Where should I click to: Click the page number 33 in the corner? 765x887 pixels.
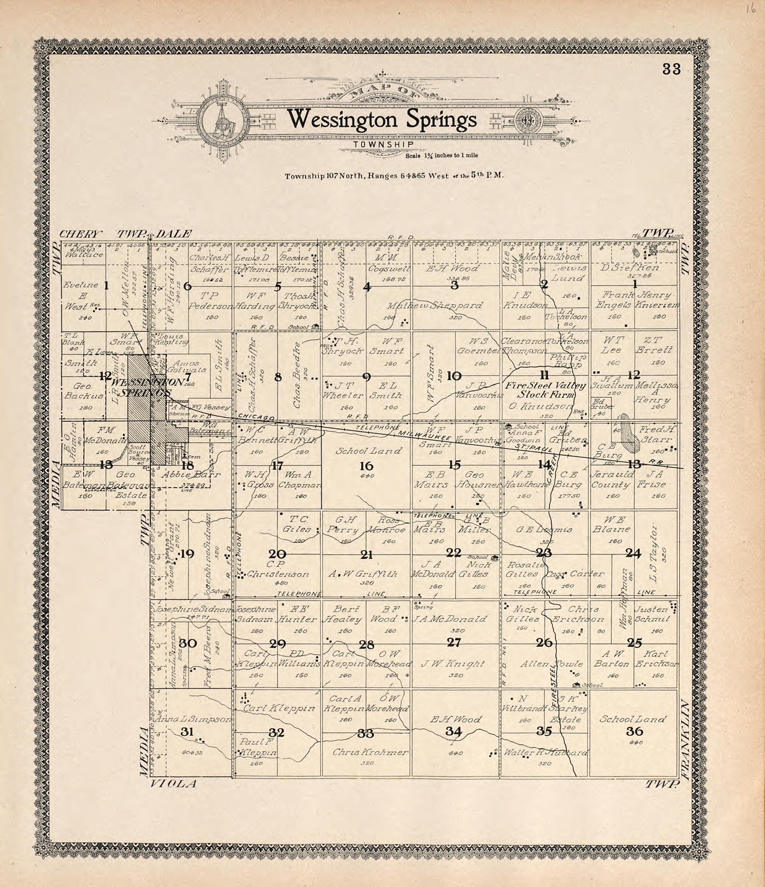671,69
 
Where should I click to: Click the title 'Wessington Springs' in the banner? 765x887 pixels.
382,120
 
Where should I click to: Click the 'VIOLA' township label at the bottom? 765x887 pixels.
172,784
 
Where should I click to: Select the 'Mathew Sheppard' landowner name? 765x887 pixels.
434,305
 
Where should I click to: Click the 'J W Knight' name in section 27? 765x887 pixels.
453,664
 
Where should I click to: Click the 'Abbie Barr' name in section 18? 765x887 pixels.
191,475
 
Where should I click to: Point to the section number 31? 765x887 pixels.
187,731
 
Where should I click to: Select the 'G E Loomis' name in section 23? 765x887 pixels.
544,530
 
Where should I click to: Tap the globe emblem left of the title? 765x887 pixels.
222,120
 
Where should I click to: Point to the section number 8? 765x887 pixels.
278,377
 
